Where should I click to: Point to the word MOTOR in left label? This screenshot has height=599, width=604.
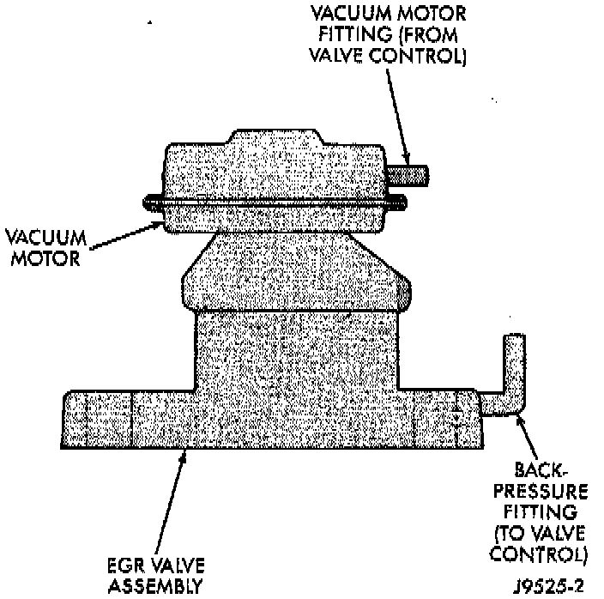click(42, 257)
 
